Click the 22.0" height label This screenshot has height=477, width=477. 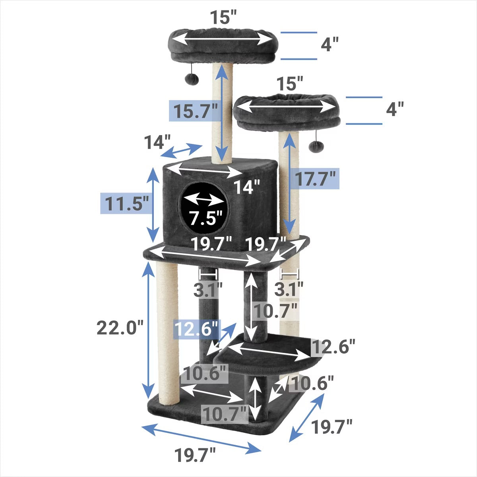click(x=120, y=328)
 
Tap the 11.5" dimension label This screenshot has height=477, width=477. click(x=127, y=203)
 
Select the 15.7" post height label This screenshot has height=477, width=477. click(x=196, y=111)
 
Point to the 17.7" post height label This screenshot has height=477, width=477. click(x=315, y=178)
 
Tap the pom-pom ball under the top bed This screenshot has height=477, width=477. click(x=192, y=78)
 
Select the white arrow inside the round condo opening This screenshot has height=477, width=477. click(x=204, y=200)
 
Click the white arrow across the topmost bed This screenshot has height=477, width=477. click(x=222, y=39)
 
